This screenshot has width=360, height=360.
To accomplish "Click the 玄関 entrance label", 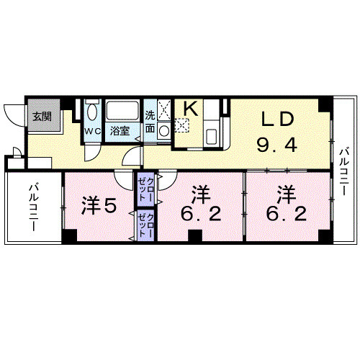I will click(41, 115).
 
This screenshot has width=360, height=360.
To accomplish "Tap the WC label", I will click(93, 131).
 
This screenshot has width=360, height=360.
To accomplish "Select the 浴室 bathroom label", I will click(120, 131).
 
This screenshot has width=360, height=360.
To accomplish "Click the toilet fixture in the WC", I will click(92, 113).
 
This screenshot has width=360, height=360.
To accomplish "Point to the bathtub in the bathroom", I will click(123, 112).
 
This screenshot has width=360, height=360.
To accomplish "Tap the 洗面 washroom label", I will click(150, 122).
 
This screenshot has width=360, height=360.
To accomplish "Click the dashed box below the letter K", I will click(181, 124).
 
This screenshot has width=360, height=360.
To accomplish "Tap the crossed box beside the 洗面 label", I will click(164, 110).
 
